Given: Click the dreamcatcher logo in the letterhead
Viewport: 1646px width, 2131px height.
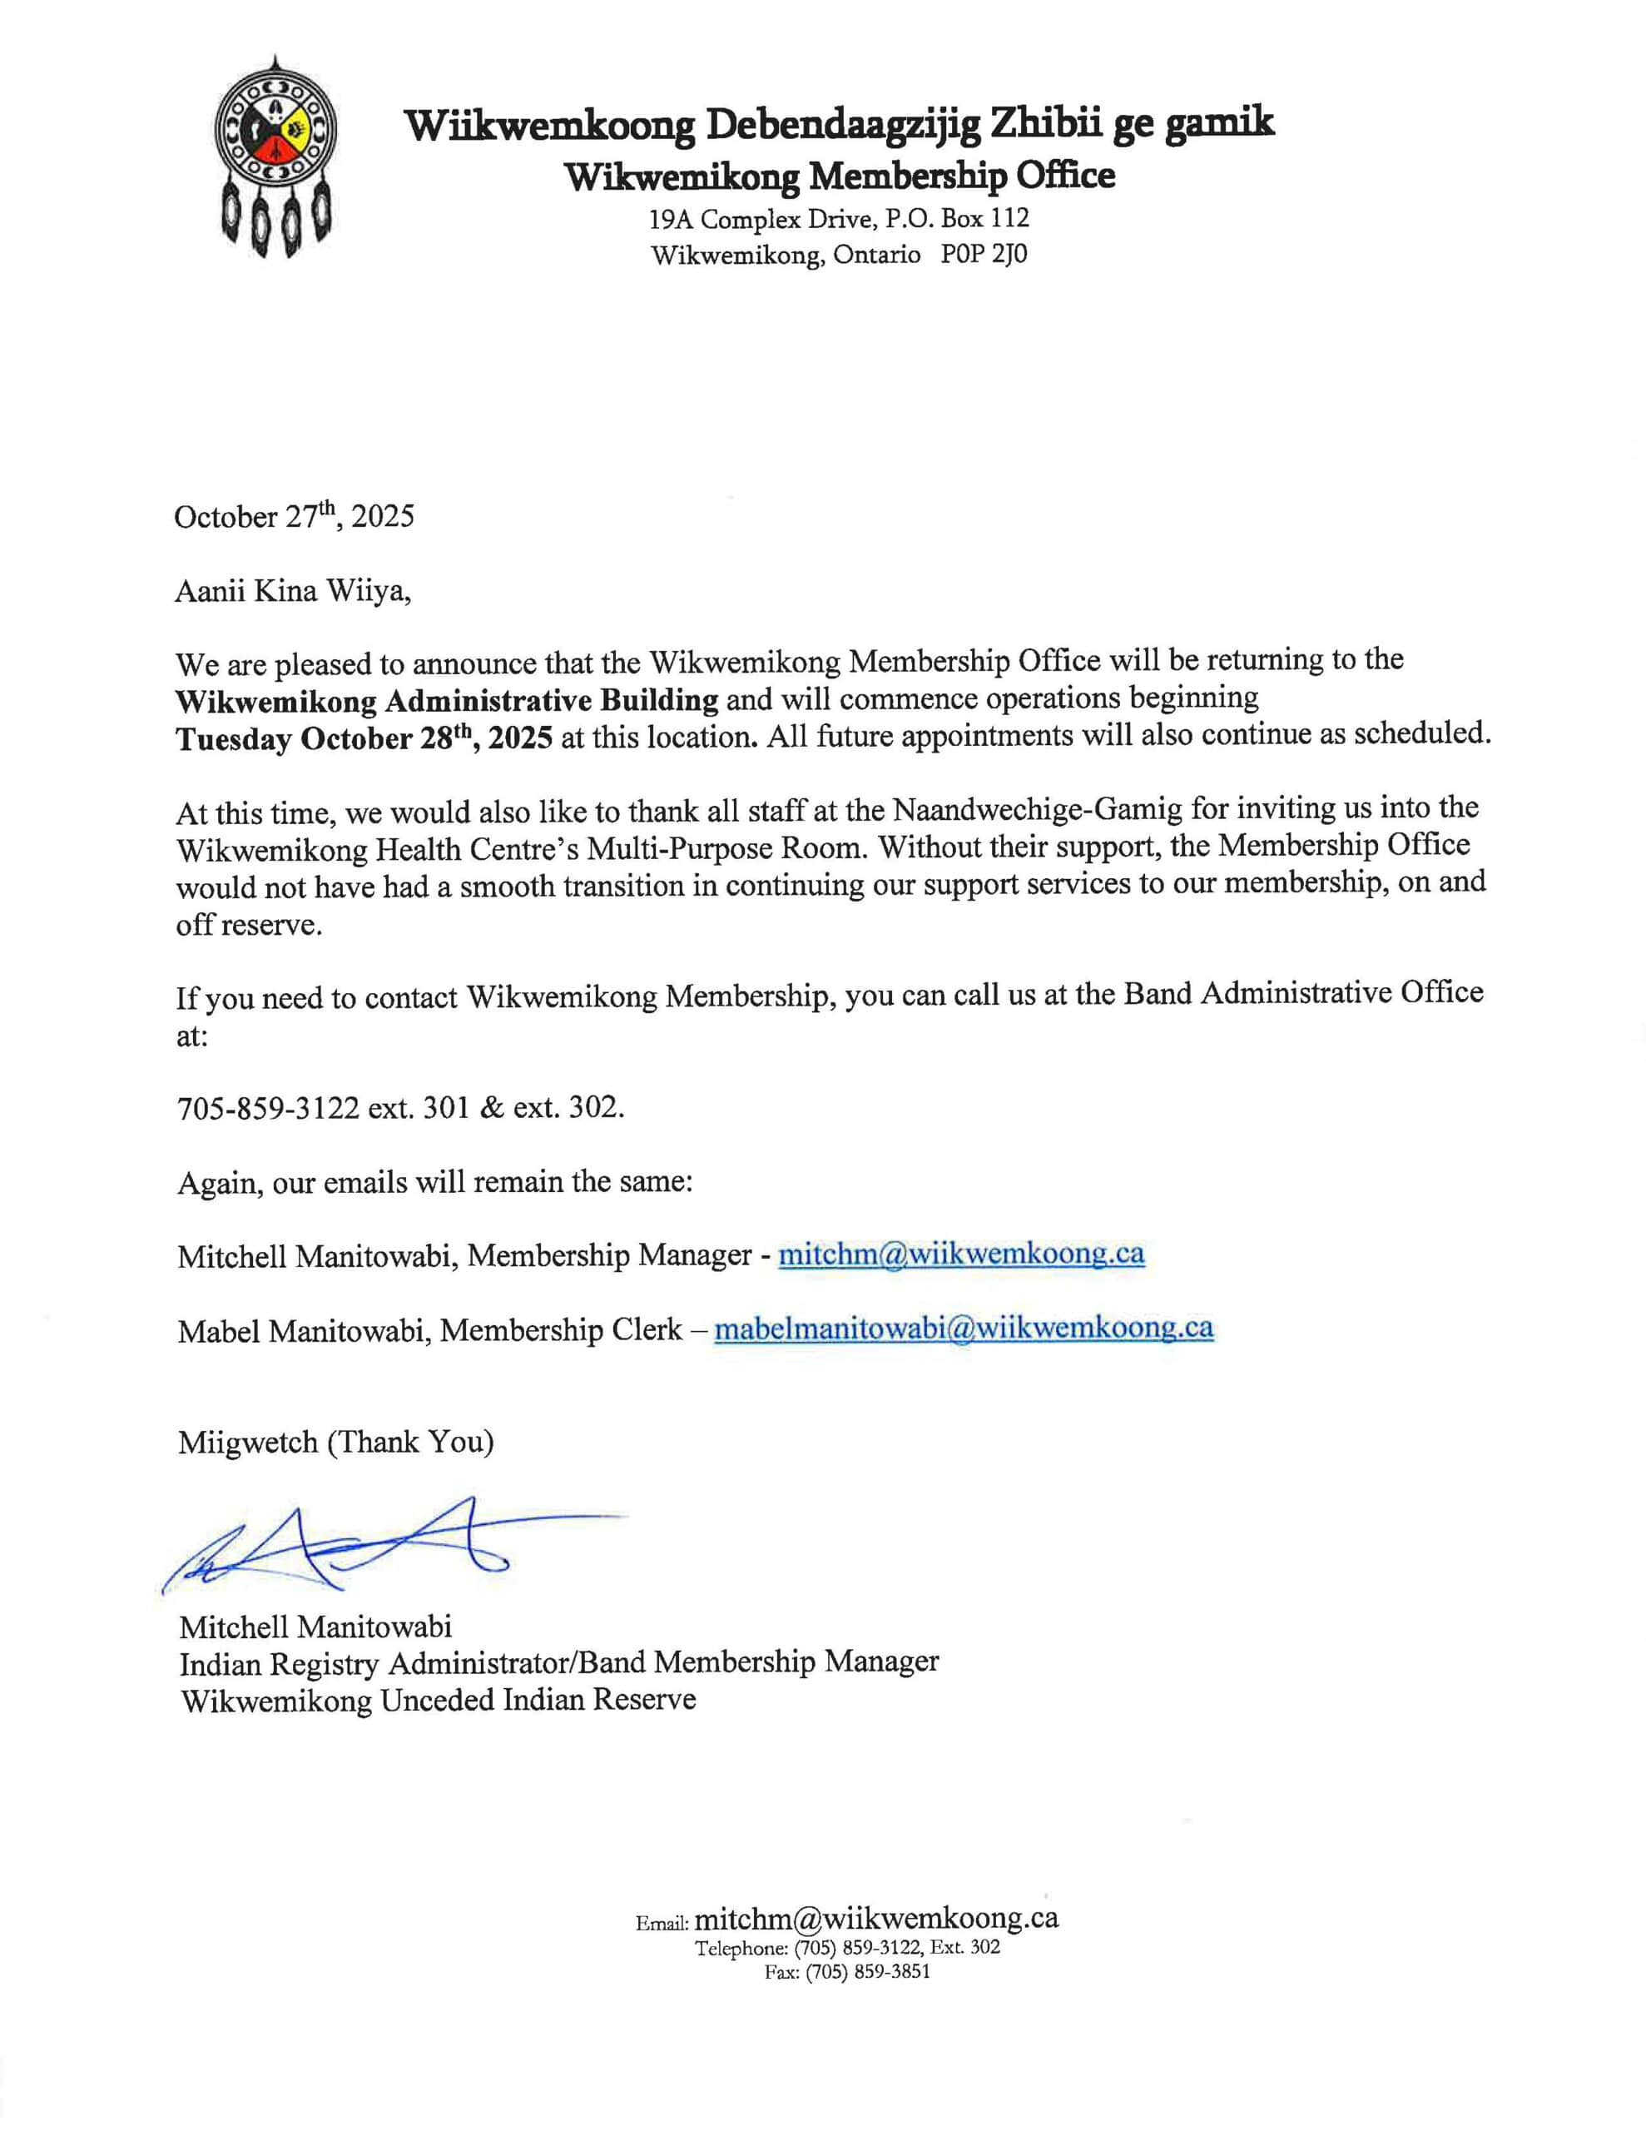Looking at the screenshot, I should coord(275,156).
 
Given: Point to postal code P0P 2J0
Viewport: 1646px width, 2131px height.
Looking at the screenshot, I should coord(984,255).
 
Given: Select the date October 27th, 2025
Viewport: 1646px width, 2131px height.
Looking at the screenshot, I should coord(294,516).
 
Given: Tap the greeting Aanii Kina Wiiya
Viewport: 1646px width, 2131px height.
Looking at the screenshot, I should coord(293,591).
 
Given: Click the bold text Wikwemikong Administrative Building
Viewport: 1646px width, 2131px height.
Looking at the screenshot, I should coord(447,701).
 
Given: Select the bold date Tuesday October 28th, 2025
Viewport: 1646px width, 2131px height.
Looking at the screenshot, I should coord(364,738).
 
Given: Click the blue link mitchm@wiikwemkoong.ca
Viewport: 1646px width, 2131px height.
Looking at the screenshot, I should coord(960,1254).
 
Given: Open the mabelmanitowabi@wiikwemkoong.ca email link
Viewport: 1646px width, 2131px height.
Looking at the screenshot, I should coord(963,1328).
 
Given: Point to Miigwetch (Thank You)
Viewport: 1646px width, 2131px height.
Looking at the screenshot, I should coord(335,1442).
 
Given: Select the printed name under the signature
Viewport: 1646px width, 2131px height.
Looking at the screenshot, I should coord(315,1627).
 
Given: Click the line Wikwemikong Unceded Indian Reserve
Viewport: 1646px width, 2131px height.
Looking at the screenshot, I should coord(438,1701).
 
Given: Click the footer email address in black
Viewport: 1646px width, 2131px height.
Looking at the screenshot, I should coord(875,1918).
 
